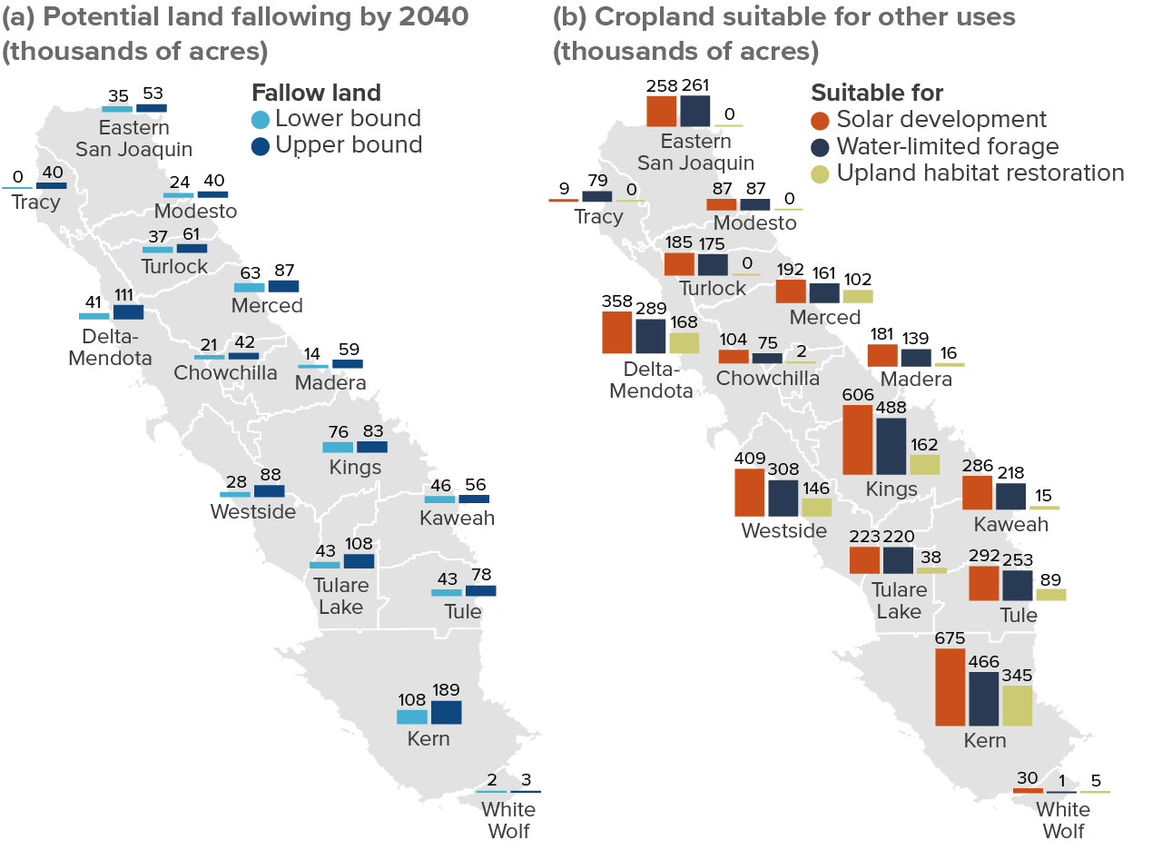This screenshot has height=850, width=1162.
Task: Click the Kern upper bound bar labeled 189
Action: (446, 713)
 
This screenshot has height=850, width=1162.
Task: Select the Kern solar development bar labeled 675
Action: (950, 687)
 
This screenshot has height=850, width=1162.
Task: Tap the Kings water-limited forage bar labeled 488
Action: (891, 446)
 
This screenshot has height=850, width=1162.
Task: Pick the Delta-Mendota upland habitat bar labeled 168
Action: (684, 343)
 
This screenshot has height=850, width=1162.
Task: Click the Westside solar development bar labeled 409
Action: (750, 492)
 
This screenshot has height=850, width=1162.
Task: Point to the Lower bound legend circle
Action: (261, 119)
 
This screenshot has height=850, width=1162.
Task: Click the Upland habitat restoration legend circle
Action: (820, 173)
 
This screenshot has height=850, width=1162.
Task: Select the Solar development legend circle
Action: (820, 121)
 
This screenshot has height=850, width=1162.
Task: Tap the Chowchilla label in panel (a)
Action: (225, 372)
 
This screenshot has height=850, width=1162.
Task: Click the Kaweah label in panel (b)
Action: (1011, 524)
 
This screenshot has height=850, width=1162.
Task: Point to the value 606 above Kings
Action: (858, 394)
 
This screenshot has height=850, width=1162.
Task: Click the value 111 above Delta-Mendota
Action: (124, 295)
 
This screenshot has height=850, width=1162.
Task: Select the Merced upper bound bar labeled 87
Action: (284, 286)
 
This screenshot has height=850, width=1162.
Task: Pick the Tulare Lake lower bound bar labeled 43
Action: (325, 565)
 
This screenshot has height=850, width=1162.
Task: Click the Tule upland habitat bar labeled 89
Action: (1051, 595)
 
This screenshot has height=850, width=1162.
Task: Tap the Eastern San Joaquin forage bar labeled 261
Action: (695, 111)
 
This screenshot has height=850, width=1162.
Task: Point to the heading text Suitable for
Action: (877, 93)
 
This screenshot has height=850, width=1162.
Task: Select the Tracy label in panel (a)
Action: (35, 203)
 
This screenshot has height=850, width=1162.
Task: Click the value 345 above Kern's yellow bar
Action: (1017, 675)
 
